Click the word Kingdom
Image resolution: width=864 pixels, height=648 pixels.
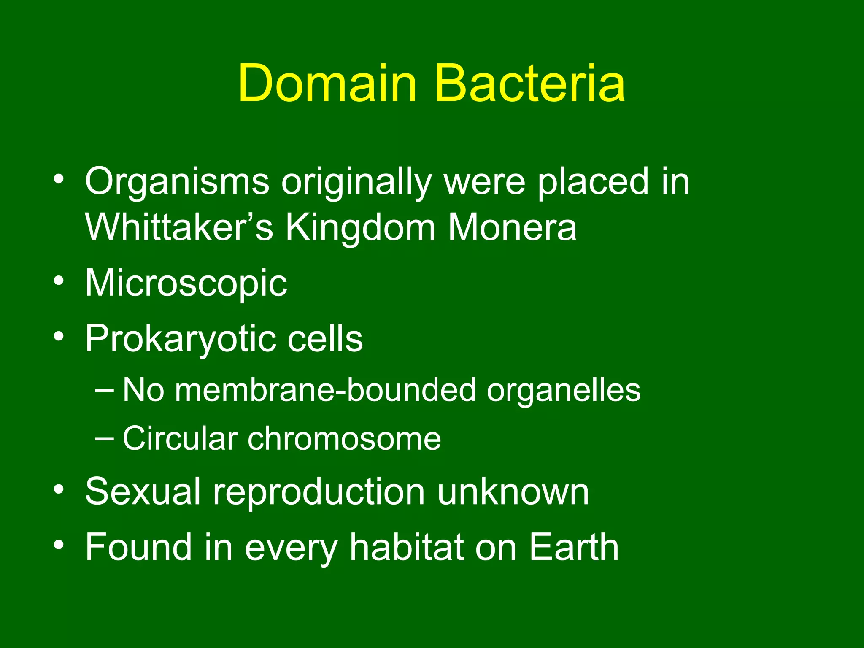point(360,228)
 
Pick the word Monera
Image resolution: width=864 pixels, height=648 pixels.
point(512,228)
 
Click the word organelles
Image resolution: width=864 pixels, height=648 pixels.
point(564,390)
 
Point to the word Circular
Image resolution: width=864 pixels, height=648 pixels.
point(180,439)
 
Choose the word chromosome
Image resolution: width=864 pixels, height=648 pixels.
point(344,439)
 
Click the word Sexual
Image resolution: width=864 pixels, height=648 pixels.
point(143,492)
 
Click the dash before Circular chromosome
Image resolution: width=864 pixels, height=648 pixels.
point(104,439)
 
